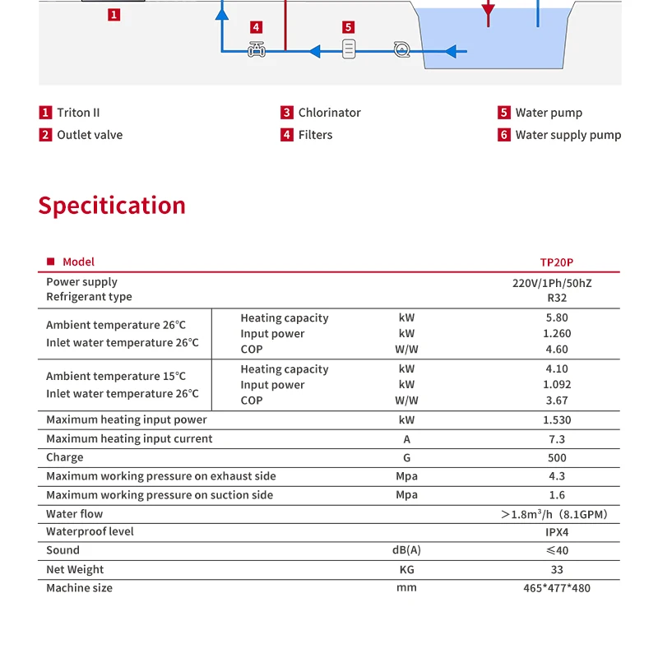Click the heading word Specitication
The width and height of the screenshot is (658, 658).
tap(112, 206)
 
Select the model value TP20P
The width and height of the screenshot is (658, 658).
tap(557, 262)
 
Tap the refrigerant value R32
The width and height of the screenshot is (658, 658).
tap(557, 298)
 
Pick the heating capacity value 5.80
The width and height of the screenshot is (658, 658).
tap(557, 318)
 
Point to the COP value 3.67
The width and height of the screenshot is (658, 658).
tap(557, 401)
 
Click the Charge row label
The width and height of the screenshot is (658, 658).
tap(65, 457)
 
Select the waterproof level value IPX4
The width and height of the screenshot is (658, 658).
tap(557, 532)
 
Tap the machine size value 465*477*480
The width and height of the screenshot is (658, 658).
tap(557, 588)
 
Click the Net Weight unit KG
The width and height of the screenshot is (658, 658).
tap(406, 569)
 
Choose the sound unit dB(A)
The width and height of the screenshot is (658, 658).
tap(406, 550)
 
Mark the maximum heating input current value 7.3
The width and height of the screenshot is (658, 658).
tap(557, 439)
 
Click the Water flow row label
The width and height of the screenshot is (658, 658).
tap(75, 514)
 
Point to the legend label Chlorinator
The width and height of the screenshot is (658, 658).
tap(329, 113)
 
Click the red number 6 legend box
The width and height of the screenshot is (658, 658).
tap(504, 135)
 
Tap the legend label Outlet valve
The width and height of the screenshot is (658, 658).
tap(90, 135)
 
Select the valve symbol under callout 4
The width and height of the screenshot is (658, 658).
tap(257, 51)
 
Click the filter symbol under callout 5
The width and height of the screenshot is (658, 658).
tap(349, 50)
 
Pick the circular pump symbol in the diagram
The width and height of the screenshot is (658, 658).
tap(401, 50)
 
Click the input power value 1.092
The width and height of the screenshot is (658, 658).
tap(557, 384)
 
